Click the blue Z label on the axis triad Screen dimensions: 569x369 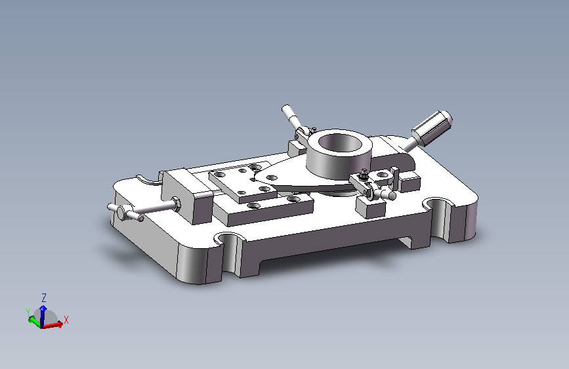click(44, 298)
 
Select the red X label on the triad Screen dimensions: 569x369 click(66, 320)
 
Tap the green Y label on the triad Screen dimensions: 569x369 click(28, 313)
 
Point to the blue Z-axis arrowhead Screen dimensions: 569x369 click(43, 309)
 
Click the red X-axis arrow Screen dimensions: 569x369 click(53, 324)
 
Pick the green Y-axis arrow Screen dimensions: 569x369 click(35, 321)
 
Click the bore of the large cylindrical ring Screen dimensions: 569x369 click(341, 142)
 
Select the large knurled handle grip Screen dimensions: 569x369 click(432, 128)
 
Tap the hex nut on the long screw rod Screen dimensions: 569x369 click(176, 204)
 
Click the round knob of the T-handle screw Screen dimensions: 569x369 click(123, 211)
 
